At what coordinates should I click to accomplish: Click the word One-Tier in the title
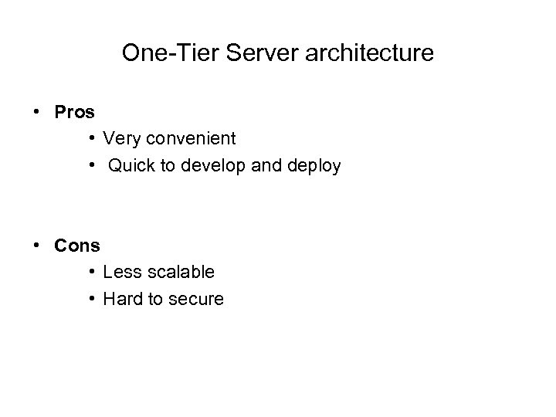click(x=159, y=54)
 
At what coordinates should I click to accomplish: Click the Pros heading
click(x=75, y=112)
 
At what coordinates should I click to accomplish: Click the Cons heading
click(x=77, y=246)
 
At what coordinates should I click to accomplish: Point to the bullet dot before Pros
click(x=37, y=113)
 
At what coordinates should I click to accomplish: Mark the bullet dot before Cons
click(x=37, y=246)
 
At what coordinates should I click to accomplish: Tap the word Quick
click(x=131, y=166)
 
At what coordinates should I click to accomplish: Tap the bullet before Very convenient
click(x=91, y=140)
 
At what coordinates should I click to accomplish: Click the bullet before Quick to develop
click(x=91, y=167)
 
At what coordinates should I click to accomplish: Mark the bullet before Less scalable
click(x=91, y=273)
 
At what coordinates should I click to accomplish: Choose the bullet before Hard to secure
click(x=91, y=300)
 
